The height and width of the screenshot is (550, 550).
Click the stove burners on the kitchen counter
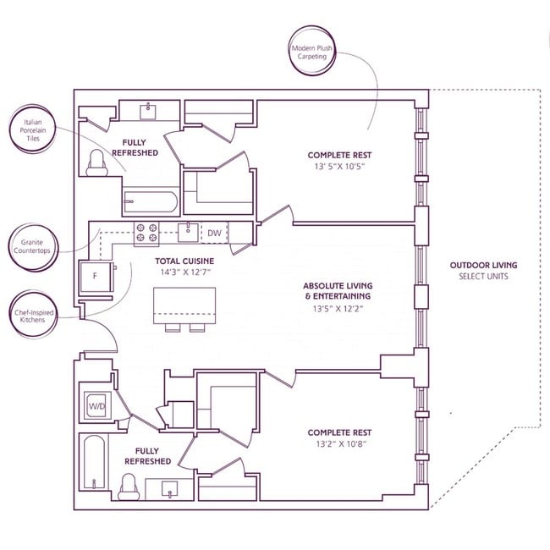click(146, 229)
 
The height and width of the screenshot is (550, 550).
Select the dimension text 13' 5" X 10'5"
click(340, 167)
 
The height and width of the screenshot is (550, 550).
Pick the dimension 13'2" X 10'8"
click(340, 444)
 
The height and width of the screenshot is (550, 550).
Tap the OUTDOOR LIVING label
click(483, 266)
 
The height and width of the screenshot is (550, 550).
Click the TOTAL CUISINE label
click(184, 261)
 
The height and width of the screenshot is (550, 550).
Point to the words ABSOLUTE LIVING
click(338, 286)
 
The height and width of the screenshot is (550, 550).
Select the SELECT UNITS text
click(483, 277)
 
